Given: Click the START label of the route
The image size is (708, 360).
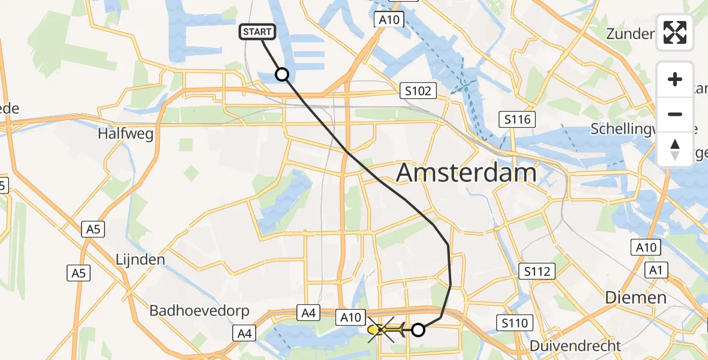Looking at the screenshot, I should [258, 32].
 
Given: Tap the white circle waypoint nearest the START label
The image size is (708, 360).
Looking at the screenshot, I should [281, 74].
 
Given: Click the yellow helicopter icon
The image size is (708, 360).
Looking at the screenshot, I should [384, 329].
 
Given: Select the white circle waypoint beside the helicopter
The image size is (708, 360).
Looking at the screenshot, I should [418, 329].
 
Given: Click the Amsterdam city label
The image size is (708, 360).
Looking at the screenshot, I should [466, 173].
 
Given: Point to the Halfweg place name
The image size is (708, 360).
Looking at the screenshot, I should [125, 133].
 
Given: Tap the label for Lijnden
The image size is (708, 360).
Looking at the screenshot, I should [140, 260].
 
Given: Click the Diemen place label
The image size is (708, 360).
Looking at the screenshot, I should [635, 298].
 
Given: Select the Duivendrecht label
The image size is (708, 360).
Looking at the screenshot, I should [575, 346].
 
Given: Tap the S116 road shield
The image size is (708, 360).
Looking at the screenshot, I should [517, 119].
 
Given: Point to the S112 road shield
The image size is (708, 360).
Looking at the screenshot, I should [536, 272].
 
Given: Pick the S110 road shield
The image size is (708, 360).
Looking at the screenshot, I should [514, 323].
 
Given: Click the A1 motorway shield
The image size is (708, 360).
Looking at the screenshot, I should [655, 271].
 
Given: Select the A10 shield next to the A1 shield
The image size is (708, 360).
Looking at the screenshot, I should [645, 247].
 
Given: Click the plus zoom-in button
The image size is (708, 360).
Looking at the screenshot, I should [675, 79].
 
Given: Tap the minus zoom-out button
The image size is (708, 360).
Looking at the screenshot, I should [675, 114].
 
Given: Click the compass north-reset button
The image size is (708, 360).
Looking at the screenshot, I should [675, 149].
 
